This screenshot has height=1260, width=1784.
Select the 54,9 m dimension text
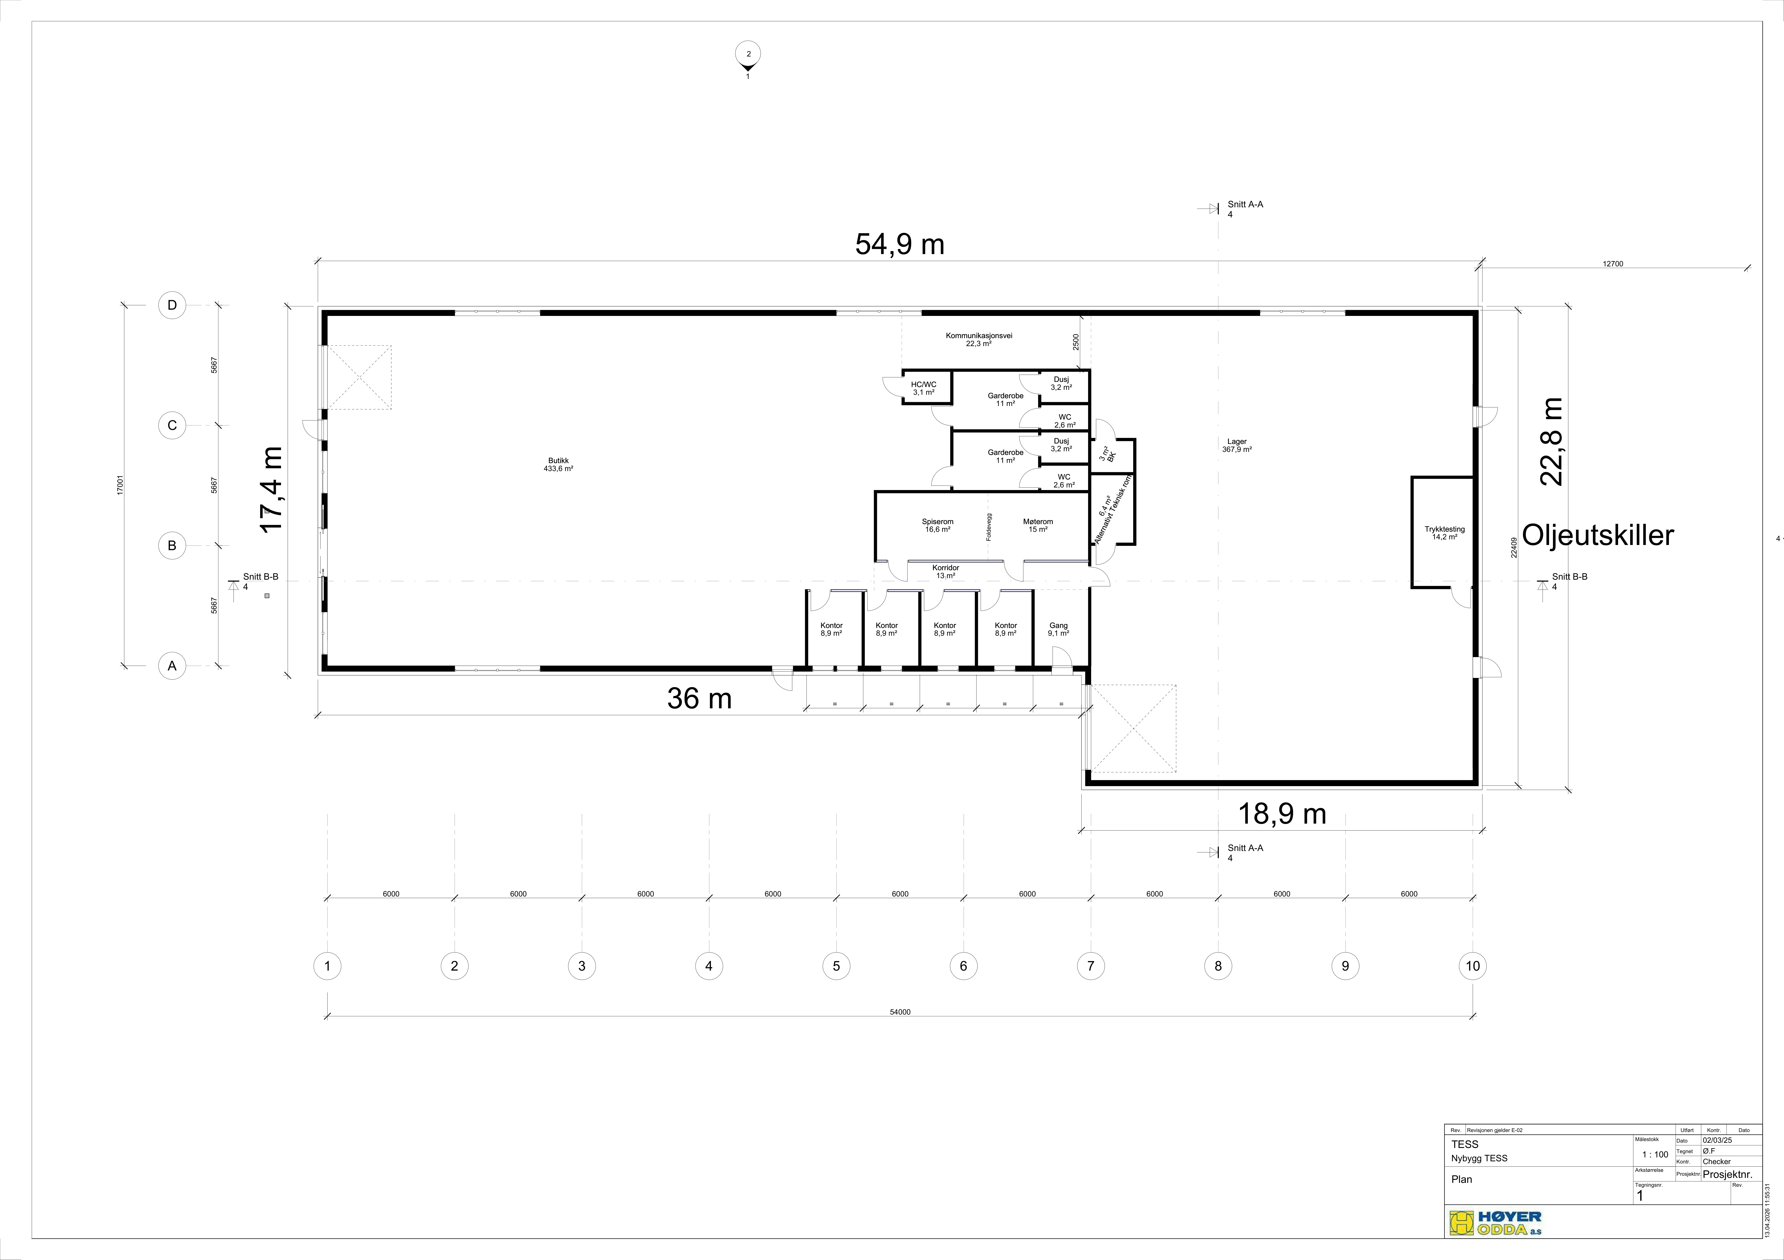click(900, 244)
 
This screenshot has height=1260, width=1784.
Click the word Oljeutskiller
click(1598, 535)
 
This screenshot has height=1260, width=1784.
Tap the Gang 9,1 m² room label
click(1058, 629)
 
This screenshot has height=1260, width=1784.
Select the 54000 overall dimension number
click(900, 1012)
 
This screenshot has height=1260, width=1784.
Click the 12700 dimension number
click(1613, 264)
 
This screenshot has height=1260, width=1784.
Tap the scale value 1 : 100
click(1656, 1154)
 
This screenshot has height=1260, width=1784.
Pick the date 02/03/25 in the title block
click(1717, 1140)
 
